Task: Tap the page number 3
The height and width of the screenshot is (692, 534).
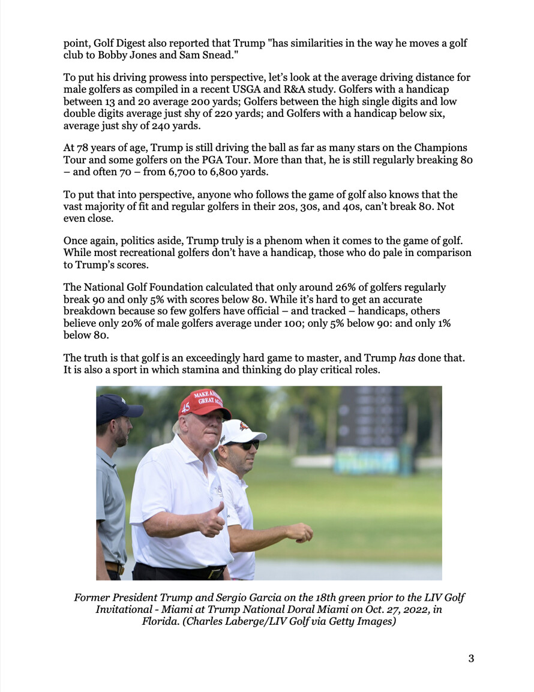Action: coord(471,658)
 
